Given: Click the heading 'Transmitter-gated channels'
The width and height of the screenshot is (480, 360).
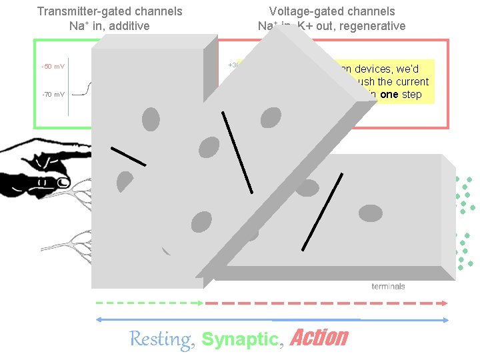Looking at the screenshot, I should pos(110,11).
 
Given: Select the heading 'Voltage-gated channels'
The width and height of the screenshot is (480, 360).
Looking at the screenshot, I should pos(331,11).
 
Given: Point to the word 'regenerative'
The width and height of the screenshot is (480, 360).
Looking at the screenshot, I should pos(374,26).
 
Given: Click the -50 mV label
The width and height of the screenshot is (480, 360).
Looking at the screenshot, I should pos(53,67).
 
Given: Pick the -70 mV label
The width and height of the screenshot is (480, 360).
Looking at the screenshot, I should pos(53,95).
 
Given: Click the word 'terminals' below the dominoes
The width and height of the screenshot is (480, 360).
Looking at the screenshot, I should pos(388,287).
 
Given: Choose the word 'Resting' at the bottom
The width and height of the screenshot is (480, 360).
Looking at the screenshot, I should pos(159,339).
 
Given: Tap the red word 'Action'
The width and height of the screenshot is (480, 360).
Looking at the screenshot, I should pos(319,338).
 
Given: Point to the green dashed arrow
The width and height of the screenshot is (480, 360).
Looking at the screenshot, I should pos(148,302).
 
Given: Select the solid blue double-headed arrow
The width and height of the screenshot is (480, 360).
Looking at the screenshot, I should pos(271,320).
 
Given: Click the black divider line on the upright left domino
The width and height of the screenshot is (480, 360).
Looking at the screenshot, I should pos(128,155).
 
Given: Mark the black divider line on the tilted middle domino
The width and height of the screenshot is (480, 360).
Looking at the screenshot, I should pos(237,152).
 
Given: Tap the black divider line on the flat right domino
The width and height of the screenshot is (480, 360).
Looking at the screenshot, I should pos(322,211).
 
